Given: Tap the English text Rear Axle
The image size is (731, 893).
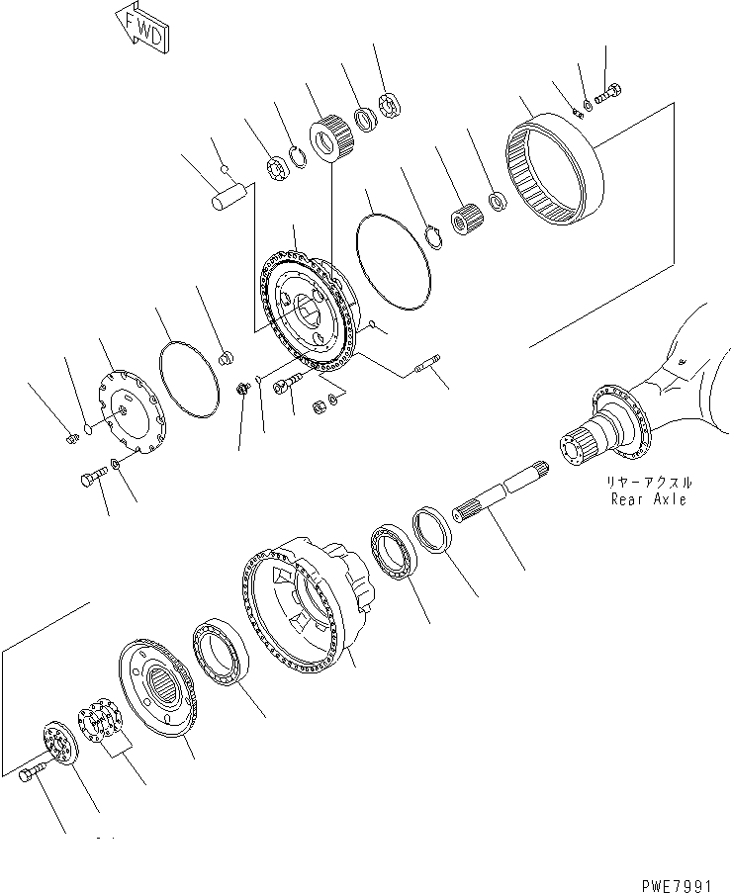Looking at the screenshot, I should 649,499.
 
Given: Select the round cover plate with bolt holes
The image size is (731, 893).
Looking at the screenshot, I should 134,419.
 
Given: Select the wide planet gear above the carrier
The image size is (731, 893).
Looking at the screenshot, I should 326,136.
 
